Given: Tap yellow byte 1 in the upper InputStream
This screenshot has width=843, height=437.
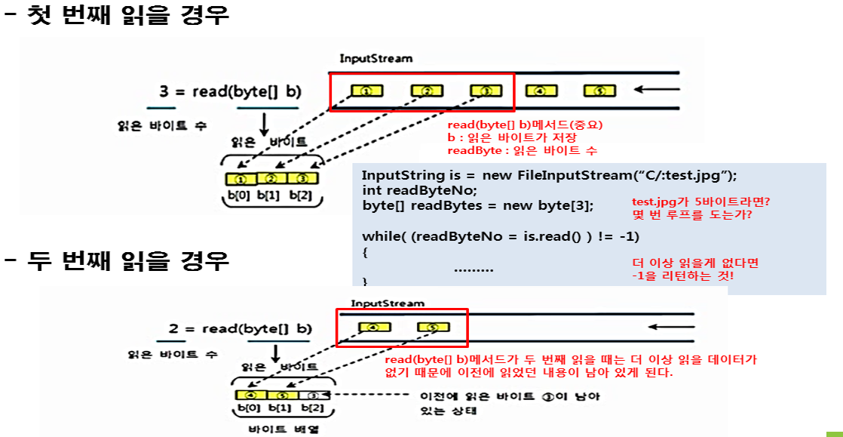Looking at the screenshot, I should pos(366,91).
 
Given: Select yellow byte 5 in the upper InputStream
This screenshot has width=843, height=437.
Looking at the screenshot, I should pos(600,91).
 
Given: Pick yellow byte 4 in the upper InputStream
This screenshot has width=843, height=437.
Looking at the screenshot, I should pos(540,91).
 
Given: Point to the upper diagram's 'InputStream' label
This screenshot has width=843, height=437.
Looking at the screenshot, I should pos(376,58).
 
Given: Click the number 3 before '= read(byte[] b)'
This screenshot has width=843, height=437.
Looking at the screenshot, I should pos(164,92).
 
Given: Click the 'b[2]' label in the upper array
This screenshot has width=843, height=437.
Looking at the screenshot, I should pos(303,195).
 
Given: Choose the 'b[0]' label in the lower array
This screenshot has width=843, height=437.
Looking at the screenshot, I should pos(249,408).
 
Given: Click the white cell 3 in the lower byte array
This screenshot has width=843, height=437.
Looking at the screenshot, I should pos(313,395).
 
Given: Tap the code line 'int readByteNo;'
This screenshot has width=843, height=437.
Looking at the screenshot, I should pos(419,190).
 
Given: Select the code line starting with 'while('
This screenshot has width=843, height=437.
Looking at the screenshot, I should pos(501,236).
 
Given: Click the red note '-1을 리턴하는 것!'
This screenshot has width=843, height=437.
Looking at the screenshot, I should pos(683,276).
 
